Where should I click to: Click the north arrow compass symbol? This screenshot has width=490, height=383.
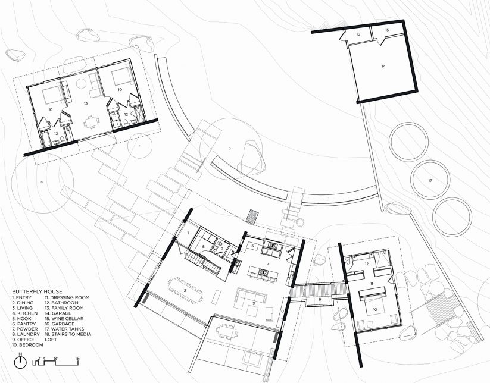tap(20, 362)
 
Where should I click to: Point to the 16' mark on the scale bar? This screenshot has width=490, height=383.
tap(77, 358)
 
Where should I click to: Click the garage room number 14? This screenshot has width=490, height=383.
tap(383, 67)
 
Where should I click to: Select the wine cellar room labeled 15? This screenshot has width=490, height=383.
tap(386, 29)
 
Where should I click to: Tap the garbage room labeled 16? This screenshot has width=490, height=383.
tap(358, 35)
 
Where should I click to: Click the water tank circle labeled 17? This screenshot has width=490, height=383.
tap(429, 179)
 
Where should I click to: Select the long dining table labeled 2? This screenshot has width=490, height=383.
tap(186, 291)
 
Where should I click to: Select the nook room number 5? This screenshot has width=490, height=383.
tap(252, 244)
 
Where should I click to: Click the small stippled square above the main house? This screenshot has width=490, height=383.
tap(254, 215)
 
